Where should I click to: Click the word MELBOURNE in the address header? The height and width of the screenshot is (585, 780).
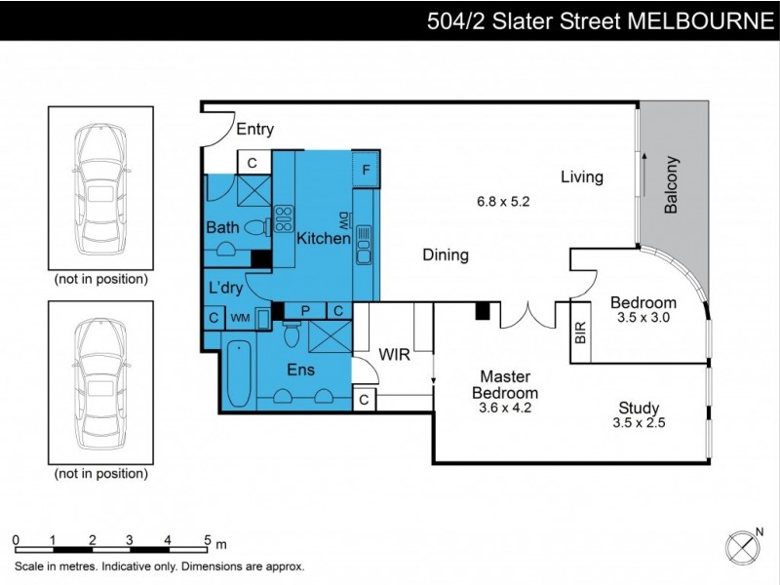(698, 20)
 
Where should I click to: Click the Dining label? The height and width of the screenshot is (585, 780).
(446, 255)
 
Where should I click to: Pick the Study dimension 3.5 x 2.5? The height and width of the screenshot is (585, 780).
(640, 423)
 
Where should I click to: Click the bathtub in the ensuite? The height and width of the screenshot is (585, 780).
(238, 373)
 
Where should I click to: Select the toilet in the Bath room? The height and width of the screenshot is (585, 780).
(257, 228)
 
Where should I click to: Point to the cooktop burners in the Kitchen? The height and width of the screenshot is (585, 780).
(285, 216)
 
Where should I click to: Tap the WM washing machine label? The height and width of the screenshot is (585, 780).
(240, 317)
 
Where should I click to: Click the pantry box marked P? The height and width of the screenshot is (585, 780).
(305, 311)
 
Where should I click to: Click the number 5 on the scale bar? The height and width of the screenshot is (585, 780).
(207, 539)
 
